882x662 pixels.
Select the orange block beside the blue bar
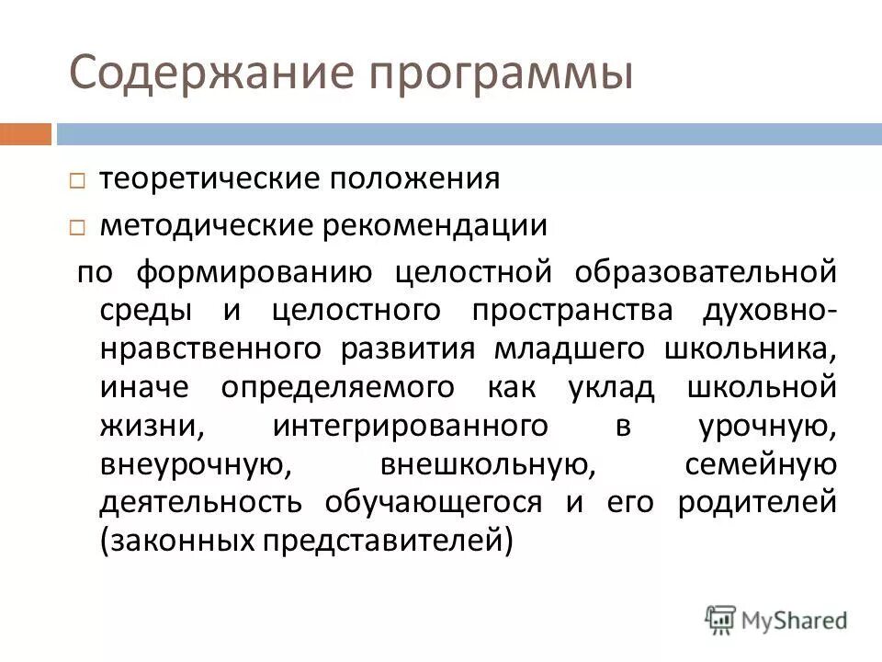click(26, 134)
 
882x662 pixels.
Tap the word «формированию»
click(254, 273)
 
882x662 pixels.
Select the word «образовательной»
click(707, 272)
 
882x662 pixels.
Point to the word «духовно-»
click(769, 311)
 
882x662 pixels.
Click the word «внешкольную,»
click(487, 464)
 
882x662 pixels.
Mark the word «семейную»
click(761, 464)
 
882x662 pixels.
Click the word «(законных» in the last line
click(175, 542)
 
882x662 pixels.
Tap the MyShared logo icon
click(721, 619)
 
